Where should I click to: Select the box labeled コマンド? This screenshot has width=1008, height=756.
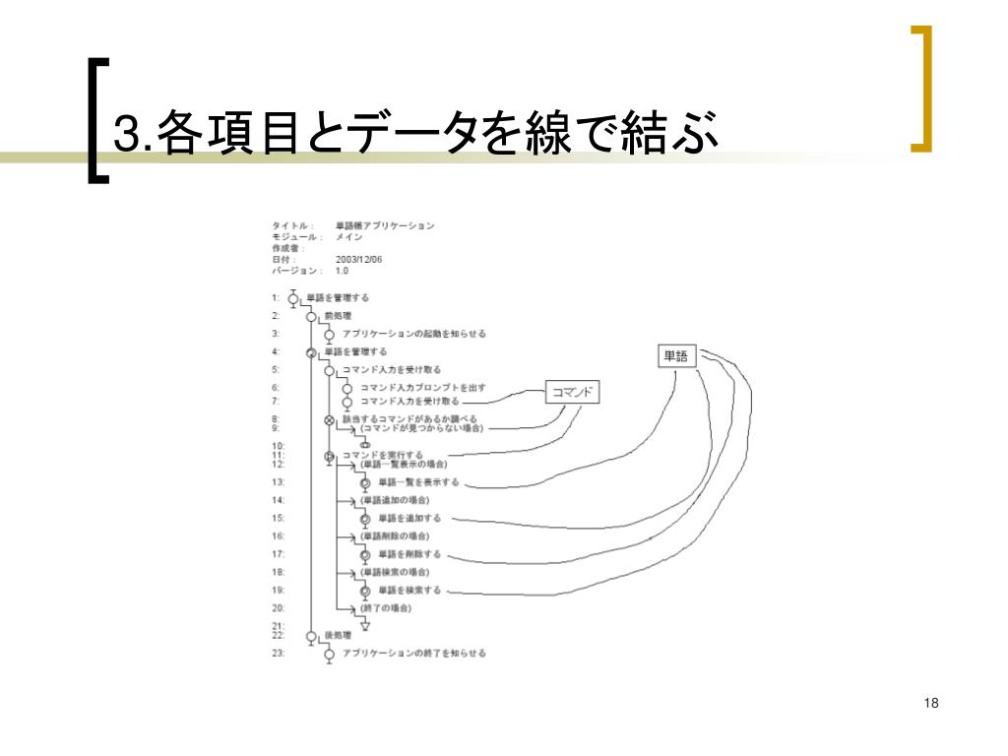click(572, 393)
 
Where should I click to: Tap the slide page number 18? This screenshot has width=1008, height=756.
click(931, 703)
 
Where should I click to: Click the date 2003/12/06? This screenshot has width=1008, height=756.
click(359, 260)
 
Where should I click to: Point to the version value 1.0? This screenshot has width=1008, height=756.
click(342, 271)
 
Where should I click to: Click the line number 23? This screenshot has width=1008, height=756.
click(279, 654)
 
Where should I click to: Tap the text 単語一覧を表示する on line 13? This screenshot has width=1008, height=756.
click(418, 482)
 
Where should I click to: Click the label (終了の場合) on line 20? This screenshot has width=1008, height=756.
click(386, 608)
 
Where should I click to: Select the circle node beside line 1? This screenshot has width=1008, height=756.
click(293, 298)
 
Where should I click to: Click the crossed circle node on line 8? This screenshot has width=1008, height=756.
click(329, 419)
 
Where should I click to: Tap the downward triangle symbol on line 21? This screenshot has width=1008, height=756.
click(364, 625)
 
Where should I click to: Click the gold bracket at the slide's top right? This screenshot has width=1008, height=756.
click(922, 89)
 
